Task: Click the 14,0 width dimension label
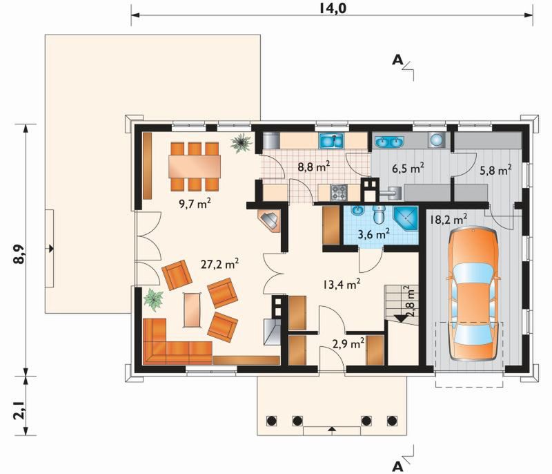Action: (333, 8)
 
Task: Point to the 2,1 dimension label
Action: (19, 412)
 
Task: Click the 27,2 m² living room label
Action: (220, 263)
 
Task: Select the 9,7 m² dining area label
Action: (195, 203)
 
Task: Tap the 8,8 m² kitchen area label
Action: (314, 166)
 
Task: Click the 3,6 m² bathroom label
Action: (373, 234)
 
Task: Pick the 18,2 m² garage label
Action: (448, 219)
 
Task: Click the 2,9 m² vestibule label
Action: (348, 343)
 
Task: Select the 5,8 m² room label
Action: (495, 170)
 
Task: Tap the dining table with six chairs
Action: (195, 167)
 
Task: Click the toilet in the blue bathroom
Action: (379, 215)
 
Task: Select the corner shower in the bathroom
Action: (406, 218)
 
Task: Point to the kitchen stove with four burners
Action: (339, 192)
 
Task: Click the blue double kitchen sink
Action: (331, 140)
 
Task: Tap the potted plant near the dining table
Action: (241, 142)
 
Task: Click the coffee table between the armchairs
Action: (193, 310)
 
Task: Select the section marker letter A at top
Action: (397, 60)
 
